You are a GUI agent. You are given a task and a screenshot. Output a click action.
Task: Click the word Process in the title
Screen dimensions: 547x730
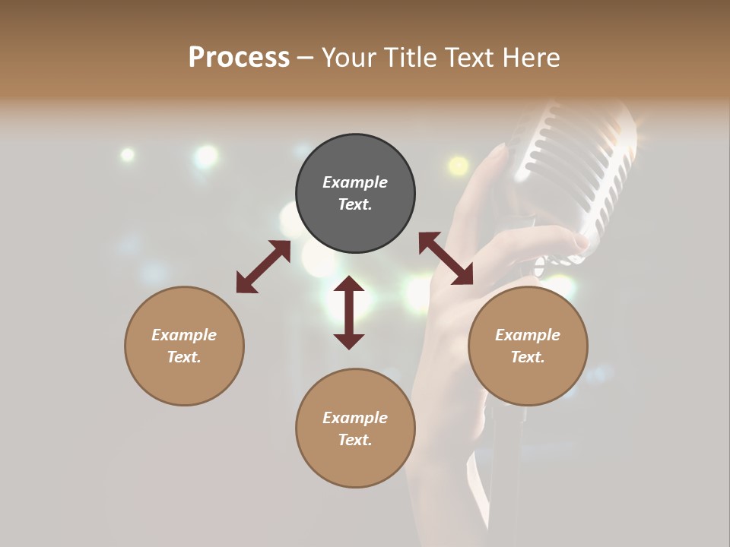tap(239, 58)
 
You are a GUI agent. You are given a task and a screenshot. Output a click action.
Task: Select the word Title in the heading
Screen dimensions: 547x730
tap(410, 58)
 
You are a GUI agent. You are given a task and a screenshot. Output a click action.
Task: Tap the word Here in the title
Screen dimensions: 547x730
tap(529, 58)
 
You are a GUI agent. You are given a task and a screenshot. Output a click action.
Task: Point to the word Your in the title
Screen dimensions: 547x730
tap(349, 58)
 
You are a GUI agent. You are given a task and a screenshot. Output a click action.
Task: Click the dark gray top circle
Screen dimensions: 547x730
tap(355, 194)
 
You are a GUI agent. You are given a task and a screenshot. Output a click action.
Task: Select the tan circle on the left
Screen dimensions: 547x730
tap(184, 346)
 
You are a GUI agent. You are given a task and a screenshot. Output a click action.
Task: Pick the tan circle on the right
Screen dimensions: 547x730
tap(528, 346)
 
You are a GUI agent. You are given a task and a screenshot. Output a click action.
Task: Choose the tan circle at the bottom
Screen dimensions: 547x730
tap(355, 428)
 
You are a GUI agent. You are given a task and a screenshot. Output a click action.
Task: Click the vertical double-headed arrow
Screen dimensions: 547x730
tap(349, 312)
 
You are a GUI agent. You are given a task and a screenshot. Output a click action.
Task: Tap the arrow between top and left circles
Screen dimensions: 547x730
tap(263, 267)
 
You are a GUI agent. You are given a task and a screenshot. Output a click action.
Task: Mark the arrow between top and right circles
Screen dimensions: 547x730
tap(446, 258)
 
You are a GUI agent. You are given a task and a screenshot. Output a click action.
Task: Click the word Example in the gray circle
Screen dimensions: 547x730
tap(355, 182)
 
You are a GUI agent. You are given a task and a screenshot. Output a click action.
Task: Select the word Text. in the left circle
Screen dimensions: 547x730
tap(184, 357)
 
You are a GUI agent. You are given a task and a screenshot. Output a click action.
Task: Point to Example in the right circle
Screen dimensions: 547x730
tap(528, 335)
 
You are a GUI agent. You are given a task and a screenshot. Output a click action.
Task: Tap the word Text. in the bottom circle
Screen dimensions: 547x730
tap(355, 440)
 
